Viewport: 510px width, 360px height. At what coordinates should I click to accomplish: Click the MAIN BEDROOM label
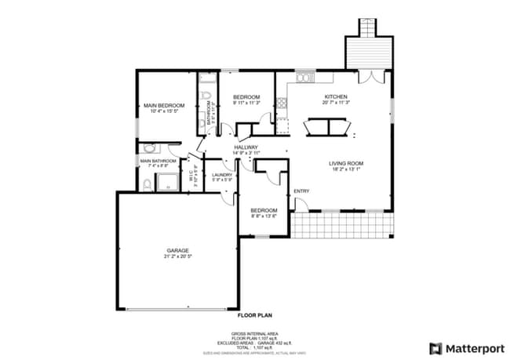coord(163,105)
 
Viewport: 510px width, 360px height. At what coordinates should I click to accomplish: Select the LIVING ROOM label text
coord(345,163)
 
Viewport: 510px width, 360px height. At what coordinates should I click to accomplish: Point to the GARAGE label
coord(177,250)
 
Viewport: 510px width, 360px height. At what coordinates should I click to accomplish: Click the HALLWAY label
coord(246,147)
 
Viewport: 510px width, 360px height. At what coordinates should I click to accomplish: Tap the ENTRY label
coord(301,191)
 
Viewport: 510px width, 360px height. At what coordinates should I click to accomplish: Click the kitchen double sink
coord(304,78)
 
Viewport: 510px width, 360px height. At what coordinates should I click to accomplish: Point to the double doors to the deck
coord(366,76)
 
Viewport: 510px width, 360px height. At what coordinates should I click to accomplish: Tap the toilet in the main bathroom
coord(147,184)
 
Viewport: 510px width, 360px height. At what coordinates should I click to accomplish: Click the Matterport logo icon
coord(435,347)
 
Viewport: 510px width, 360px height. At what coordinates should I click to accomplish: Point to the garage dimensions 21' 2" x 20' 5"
coord(177,256)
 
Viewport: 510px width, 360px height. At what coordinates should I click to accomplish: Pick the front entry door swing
coord(298,205)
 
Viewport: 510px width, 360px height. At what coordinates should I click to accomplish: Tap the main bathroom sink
coord(151,147)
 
